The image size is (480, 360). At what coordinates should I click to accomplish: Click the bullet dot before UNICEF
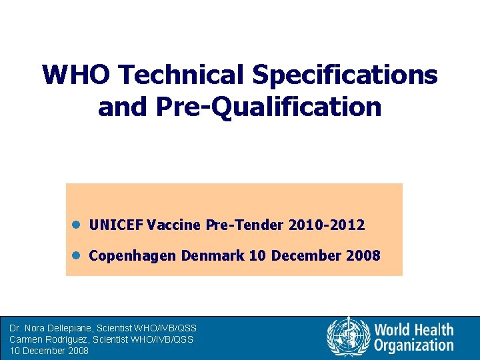[x=77, y=225]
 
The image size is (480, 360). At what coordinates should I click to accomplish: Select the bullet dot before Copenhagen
[x=77, y=255]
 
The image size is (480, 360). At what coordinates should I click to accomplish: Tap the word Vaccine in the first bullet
[x=172, y=225]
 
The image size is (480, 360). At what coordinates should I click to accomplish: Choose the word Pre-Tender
[x=245, y=225]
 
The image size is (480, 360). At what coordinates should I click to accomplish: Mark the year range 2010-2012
[x=327, y=225]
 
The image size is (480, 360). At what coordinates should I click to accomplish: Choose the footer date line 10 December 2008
[x=49, y=351]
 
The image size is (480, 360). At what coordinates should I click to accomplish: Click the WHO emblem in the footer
[x=348, y=337]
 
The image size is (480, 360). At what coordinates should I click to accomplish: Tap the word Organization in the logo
[x=413, y=345]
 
